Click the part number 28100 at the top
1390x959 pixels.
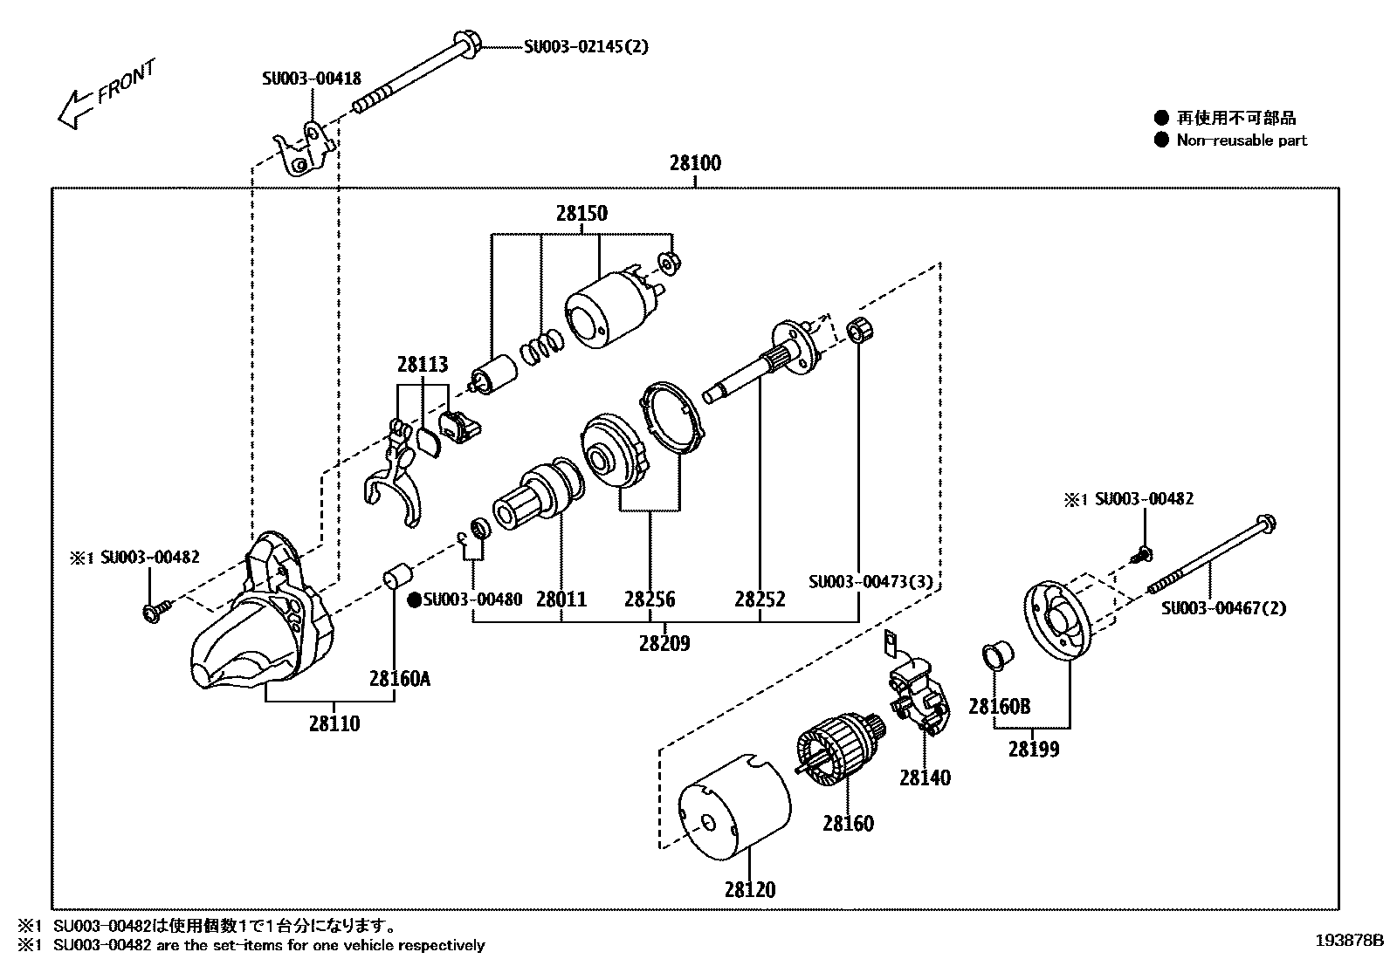pyautogui.click(x=695, y=163)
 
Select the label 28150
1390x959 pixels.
pyautogui.click(x=581, y=214)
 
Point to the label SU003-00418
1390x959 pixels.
pyautogui.click(x=311, y=79)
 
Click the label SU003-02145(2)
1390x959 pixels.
pyautogui.click(x=586, y=46)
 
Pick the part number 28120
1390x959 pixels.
pyautogui.click(x=749, y=890)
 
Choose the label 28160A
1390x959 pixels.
pyautogui.click(x=399, y=678)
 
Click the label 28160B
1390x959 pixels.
pyautogui.click(x=999, y=706)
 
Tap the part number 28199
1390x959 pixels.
pyautogui.click(x=1034, y=749)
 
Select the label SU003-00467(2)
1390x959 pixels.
pyautogui.click(x=1223, y=608)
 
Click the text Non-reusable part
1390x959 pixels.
pyautogui.click(x=1242, y=140)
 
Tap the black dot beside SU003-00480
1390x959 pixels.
pyautogui.click(x=415, y=599)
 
